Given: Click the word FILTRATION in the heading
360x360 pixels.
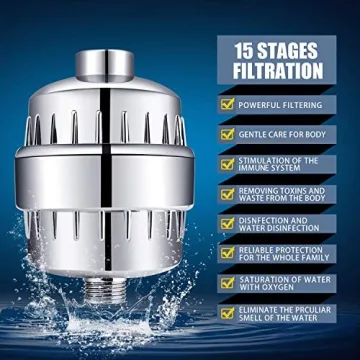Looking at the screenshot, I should [279, 71].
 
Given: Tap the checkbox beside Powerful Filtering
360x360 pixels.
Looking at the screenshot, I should [227, 102].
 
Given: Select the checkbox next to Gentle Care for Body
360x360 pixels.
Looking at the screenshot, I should [227, 132].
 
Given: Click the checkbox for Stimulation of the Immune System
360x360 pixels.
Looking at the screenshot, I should [227, 164].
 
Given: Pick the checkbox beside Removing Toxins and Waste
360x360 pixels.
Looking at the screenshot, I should [227, 195].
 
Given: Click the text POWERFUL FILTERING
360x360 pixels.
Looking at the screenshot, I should [285, 102].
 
